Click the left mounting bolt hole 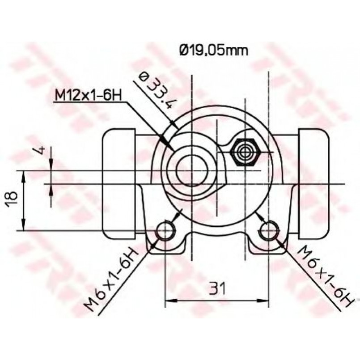click(166, 230)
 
